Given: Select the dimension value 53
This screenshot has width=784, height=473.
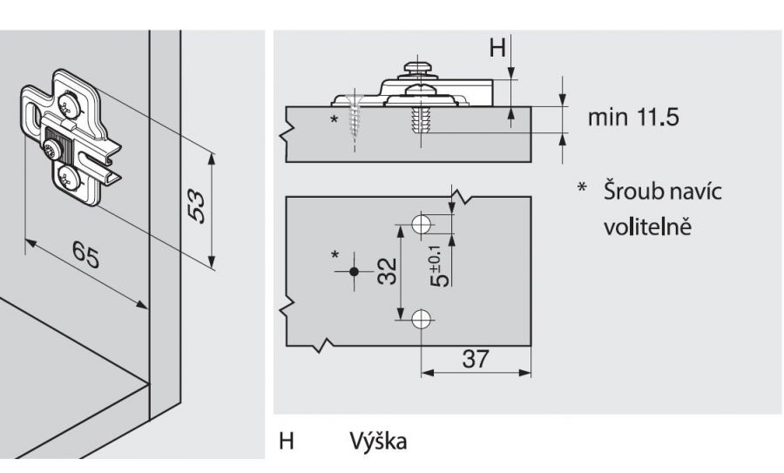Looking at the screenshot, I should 199,207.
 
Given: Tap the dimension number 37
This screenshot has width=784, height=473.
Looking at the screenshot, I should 475,359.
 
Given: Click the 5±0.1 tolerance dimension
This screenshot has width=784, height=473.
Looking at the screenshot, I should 441,269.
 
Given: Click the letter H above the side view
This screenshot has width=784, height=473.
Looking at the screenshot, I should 497,48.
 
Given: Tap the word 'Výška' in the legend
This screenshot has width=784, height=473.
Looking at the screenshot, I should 376,442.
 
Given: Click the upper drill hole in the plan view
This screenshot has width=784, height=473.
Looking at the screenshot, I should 421,224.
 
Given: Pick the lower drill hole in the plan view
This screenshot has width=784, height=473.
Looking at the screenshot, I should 421,319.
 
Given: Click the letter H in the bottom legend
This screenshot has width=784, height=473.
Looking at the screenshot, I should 286,442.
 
